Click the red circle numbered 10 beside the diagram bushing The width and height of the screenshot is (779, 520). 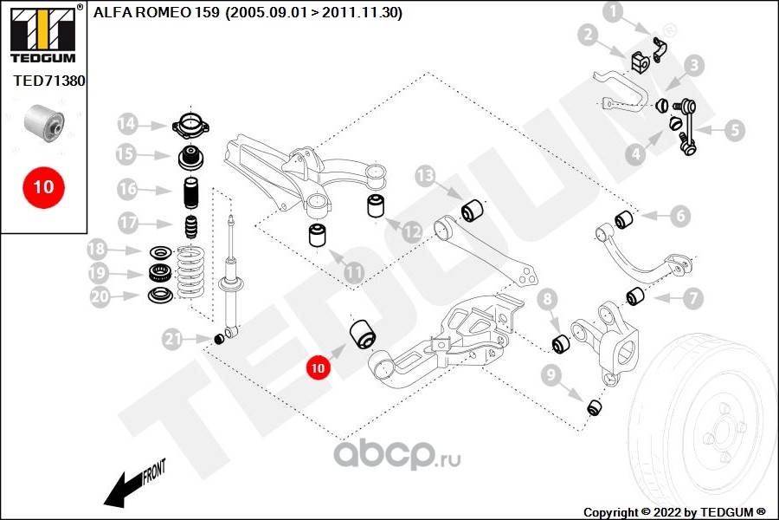click(318, 367)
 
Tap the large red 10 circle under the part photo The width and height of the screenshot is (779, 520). click(44, 187)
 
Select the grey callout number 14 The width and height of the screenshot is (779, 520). click(127, 123)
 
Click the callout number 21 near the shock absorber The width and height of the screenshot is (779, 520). click(172, 340)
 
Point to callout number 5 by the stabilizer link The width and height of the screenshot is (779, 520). click(734, 130)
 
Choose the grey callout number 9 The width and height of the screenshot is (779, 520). click(550, 374)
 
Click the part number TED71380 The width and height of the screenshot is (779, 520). click(48, 81)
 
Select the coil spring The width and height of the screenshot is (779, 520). click(190, 273)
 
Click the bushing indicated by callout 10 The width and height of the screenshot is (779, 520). click(363, 335)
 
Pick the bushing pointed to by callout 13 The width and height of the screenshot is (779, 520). click(472, 211)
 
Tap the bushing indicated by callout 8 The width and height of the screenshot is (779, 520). click(562, 343)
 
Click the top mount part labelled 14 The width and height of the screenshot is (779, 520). click(190, 125)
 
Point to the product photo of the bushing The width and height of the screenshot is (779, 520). click(45, 123)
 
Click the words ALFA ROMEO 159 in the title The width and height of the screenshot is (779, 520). click(156, 12)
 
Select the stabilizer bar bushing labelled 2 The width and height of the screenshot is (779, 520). click(641, 62)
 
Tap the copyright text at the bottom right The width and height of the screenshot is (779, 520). click(674, 512)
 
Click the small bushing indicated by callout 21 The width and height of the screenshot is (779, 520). click(219, 340)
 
